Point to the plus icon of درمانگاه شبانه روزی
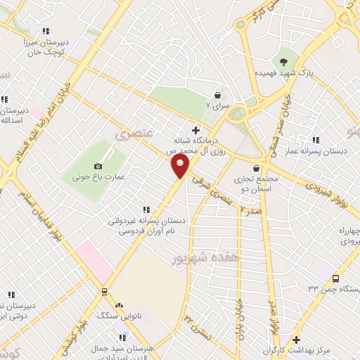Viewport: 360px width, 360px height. point(195,129)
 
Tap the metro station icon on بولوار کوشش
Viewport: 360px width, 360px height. point(105,290)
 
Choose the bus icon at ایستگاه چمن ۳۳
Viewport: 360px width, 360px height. point(336,278)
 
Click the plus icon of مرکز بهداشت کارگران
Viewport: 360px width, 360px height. point(297,340)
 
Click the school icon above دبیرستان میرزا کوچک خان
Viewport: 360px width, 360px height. point(46,31)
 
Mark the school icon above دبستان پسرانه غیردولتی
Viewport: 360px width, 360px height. point(146,209)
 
